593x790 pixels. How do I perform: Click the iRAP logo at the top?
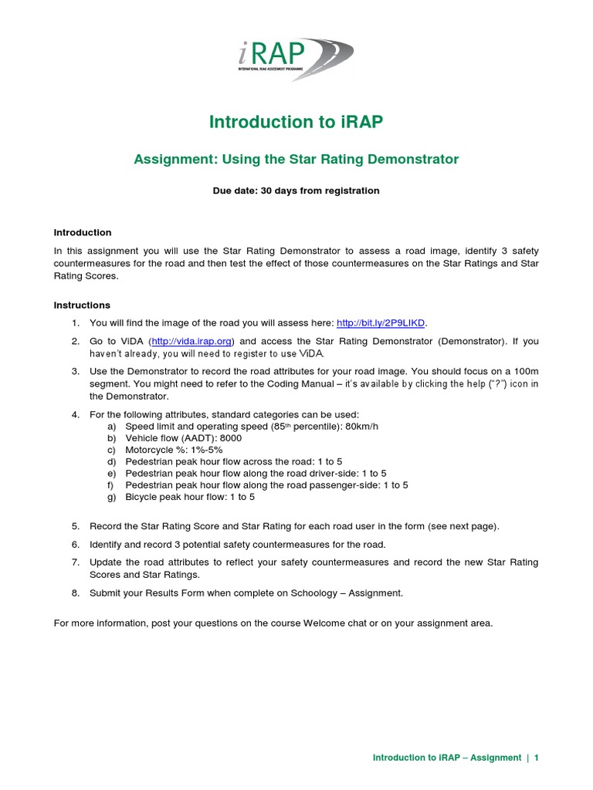[296, 59]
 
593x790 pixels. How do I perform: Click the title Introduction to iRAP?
[296, 122]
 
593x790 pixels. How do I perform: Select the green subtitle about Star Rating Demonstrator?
[296, 160]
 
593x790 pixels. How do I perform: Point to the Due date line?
[296, 191]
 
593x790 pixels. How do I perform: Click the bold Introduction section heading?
[83, 232]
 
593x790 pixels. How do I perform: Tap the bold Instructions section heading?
[82, 305]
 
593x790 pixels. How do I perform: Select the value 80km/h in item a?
[358, 426]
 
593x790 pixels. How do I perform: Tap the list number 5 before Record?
[76, 526]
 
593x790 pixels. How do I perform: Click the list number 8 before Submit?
[76, 592]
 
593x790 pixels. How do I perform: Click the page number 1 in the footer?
[536, 758]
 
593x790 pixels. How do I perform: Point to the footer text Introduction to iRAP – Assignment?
[446, 758]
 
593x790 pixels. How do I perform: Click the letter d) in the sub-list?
[112, 461]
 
